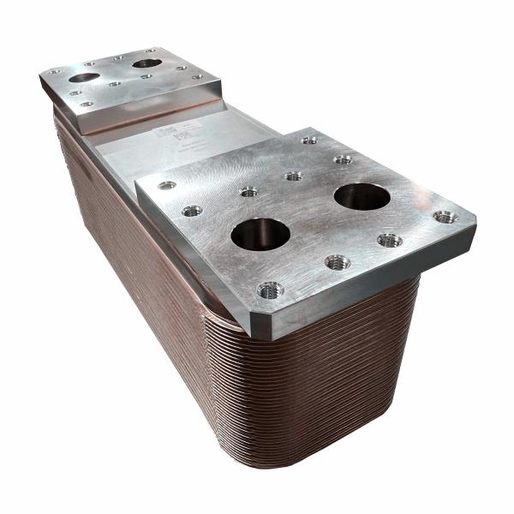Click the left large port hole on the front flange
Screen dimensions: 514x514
click(260, 233)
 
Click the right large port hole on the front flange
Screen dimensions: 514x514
click(362, 197)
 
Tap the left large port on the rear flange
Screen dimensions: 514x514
click(84, 77)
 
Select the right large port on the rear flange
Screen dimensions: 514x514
click(147, 63)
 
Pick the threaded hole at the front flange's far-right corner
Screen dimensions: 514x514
click(445, 217)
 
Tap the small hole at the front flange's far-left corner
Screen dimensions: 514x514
click(167, 185)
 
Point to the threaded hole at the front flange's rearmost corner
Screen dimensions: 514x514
click(309, 140)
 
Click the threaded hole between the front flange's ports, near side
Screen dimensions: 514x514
click(337, 262)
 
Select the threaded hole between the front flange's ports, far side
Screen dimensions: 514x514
click(293, 176)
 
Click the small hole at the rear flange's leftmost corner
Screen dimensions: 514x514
click(54, 71)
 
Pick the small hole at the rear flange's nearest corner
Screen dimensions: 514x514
click(87, 104)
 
